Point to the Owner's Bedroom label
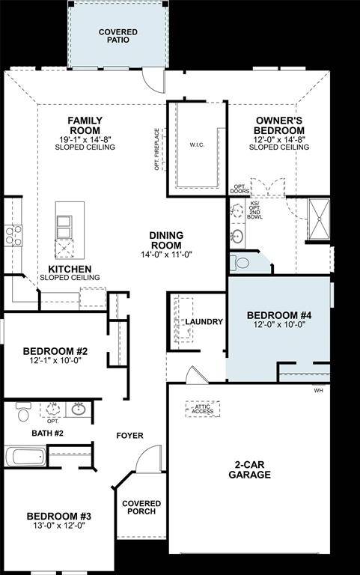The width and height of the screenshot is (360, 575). pos(279,125)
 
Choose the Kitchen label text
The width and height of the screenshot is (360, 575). pos(70,269)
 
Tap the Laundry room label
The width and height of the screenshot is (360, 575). pos(204,322)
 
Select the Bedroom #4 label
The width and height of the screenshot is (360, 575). pos(278,315)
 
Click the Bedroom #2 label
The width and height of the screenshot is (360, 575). pos(55,350)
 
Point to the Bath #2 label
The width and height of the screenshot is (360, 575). pos(47,433)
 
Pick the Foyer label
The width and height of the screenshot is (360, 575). pos(129,436)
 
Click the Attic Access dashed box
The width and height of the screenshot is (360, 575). pos(202,409)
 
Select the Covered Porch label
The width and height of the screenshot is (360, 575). pos(138,507)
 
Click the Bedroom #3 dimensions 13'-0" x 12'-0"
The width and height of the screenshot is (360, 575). pos(58,526)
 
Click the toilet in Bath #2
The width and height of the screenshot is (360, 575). pos(22,413)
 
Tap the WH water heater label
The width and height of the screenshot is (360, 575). pos(318,390)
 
